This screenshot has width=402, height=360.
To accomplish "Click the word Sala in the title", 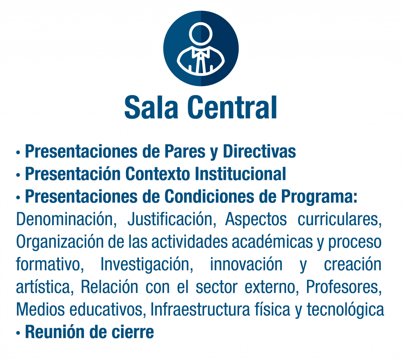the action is click(151, 107).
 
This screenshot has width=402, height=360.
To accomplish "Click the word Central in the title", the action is click(232, 107).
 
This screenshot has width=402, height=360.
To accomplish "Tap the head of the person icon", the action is click(201, 34).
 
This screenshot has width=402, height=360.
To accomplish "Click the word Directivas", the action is click(259, 151).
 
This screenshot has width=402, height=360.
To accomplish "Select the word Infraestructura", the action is click(200, 309).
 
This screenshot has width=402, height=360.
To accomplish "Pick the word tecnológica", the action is click(345, 310).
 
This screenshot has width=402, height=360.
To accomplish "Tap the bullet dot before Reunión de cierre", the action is click(18, 333).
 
